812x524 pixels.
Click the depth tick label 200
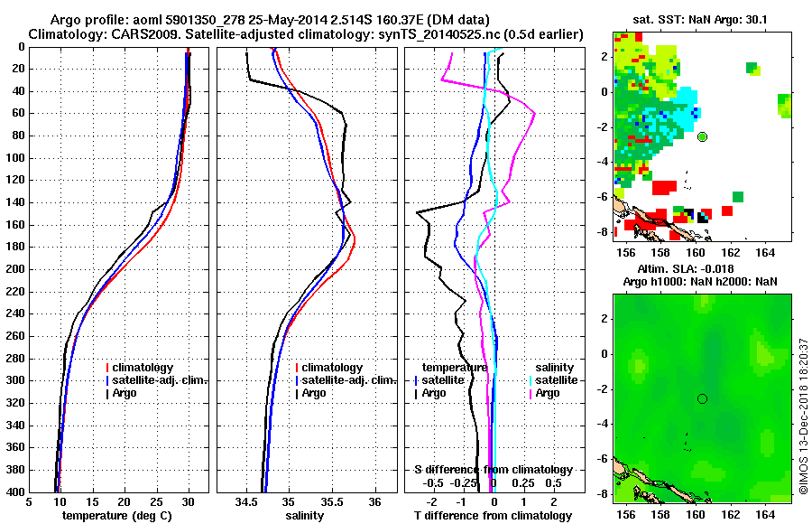(x=15, y=269)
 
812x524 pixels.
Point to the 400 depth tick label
(x=15, y=491)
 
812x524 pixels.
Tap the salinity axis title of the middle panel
(x=304, y=515)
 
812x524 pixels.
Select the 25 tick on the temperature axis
(x=156, y=501)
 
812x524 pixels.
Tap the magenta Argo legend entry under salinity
(x=548, y=393)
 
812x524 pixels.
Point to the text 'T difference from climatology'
(x=492, y=515)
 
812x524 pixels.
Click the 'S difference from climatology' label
(x=493, y=470)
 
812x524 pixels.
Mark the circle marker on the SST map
(x=703, y=136)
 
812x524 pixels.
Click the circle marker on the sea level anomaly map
(x=703, y=398)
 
